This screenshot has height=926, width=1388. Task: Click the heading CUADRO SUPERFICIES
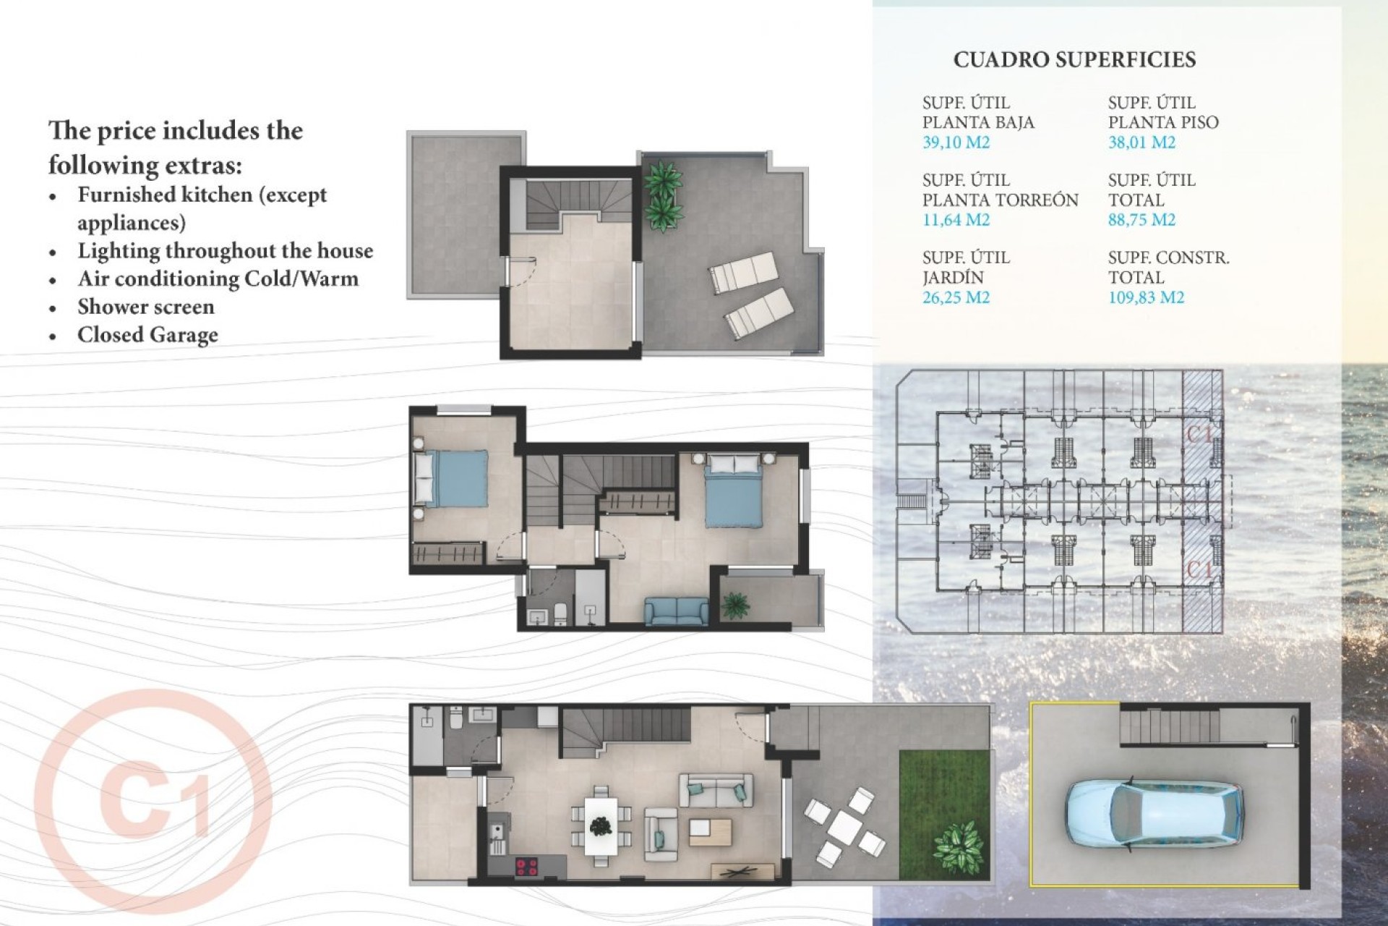(1074, 60)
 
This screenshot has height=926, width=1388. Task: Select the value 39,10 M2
(956, 143)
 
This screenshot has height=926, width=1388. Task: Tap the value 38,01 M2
(1141, 143)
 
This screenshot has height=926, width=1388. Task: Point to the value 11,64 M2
(956, 220)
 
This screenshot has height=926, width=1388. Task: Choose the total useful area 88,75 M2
(1141, 220)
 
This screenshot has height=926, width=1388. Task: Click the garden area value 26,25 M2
(956, 297)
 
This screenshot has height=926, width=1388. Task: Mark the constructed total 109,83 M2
(1146, 297)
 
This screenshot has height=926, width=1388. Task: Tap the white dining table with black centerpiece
(600, 825)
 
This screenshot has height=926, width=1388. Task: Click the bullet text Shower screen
(146, 307)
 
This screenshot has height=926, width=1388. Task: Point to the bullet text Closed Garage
(147, 335)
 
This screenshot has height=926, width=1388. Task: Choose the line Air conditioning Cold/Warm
(218, 279)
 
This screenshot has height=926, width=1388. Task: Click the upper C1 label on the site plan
(1200, 434)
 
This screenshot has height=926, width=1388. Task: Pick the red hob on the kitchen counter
(526, 864)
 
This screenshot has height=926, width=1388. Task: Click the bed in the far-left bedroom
(450, 477)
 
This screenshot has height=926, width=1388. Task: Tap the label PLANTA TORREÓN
(1000, 200)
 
